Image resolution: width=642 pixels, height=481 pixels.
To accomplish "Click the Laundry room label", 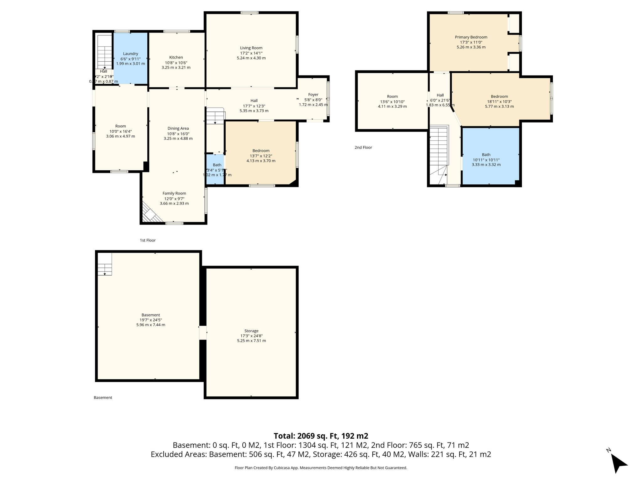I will (130, 54).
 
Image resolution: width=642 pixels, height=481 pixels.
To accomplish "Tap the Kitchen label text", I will (176, 57).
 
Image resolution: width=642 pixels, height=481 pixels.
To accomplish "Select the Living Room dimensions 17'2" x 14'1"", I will (251, 53).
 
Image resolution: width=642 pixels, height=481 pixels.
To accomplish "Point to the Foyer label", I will (313, 95).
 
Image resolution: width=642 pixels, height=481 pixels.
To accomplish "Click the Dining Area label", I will (178, 128).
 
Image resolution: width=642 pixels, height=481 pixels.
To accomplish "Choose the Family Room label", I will (174, 194).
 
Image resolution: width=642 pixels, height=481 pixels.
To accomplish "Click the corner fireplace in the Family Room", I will (150, 214).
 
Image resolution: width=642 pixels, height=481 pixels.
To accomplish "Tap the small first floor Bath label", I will (217, 165).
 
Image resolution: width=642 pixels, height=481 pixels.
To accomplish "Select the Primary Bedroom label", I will (471, 37).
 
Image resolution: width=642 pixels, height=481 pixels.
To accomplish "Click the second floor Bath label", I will (486, 155).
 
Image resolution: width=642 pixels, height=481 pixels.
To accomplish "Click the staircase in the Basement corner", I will (105, 264).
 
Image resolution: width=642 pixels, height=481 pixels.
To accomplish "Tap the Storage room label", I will (251, 331).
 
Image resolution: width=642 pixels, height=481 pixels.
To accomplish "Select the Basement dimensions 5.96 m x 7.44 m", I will (150, 325).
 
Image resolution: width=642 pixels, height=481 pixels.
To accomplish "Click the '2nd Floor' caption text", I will (363, 147).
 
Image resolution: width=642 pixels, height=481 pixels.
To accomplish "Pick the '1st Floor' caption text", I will (148, 240).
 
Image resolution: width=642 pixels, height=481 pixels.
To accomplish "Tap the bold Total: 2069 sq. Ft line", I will (321, 436).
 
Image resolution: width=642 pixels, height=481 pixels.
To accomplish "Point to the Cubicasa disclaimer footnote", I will (321, 468).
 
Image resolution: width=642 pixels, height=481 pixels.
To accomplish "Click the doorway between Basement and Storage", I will (203, 333).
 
